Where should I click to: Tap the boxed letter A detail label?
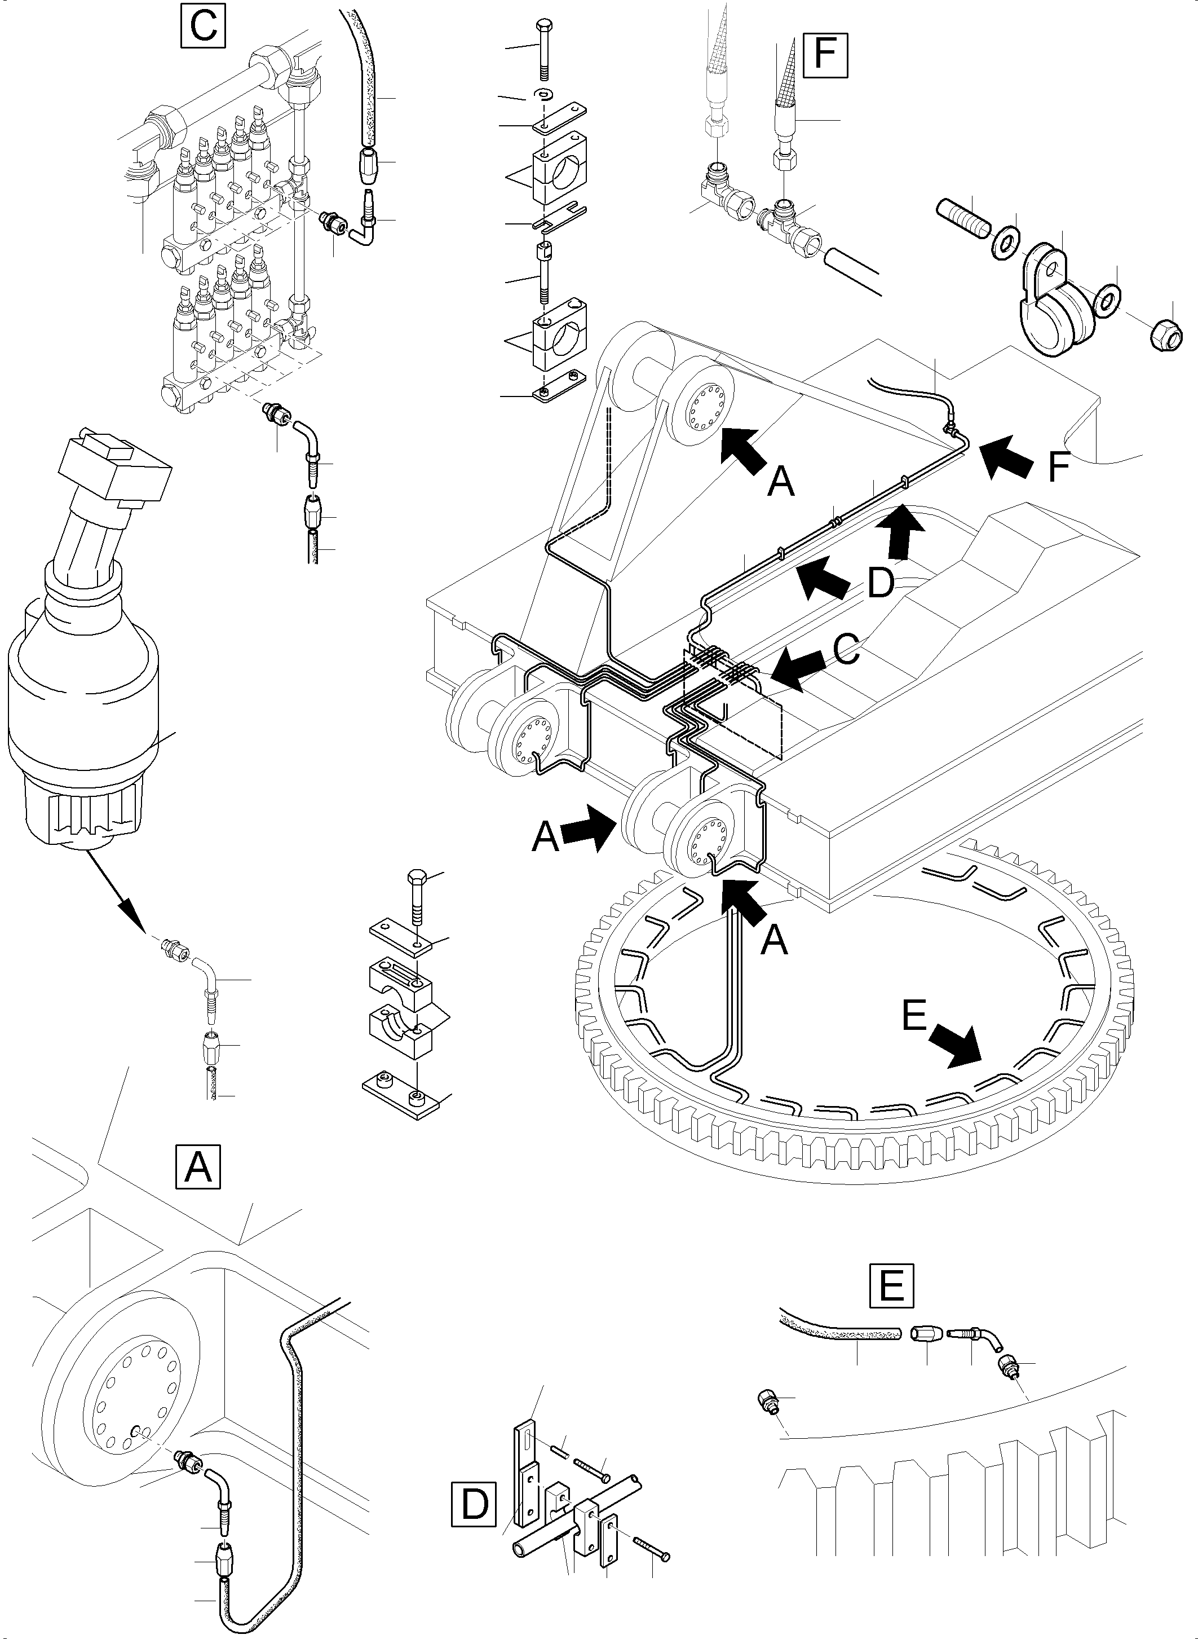point(198,1167)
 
